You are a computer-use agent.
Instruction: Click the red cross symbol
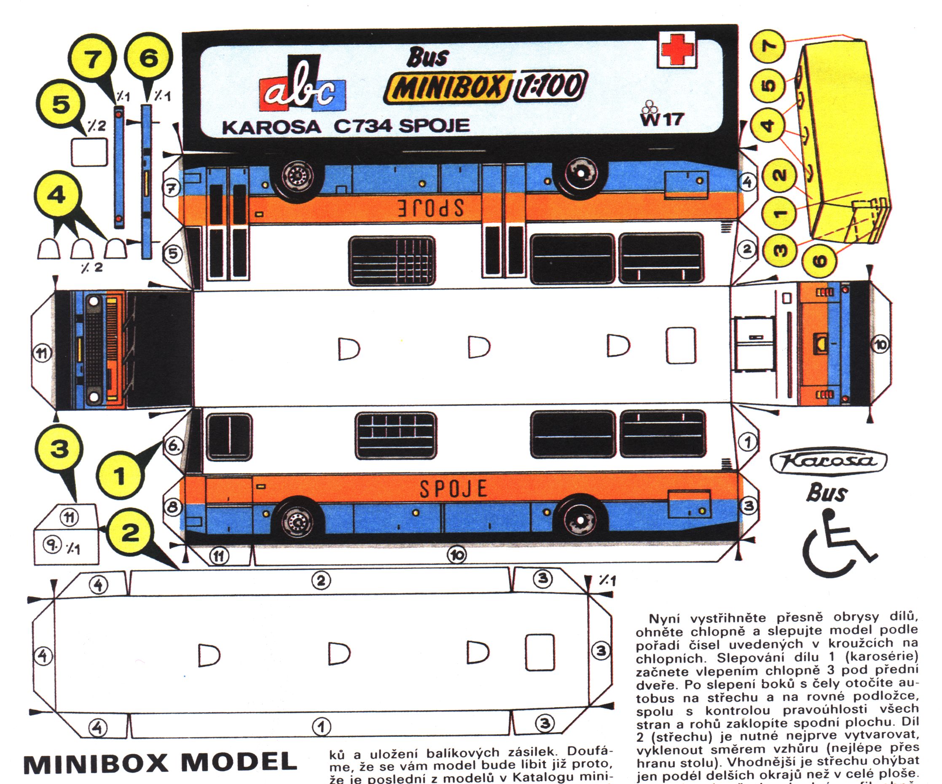click(677, 50)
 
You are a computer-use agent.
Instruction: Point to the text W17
click(661, 119)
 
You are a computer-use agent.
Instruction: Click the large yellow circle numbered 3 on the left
click(59, 448)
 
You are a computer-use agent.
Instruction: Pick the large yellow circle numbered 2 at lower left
click(130, 533)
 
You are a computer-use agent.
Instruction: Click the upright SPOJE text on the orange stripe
click(453, 489)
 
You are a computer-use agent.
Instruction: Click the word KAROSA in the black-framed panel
click(271, 127)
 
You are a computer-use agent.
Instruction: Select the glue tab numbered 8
click(173, 507)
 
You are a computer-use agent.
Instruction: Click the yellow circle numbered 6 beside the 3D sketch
click(819, 260)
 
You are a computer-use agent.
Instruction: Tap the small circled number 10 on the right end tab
click(880, 345)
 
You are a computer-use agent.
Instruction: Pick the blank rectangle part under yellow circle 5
click(89, 153)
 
